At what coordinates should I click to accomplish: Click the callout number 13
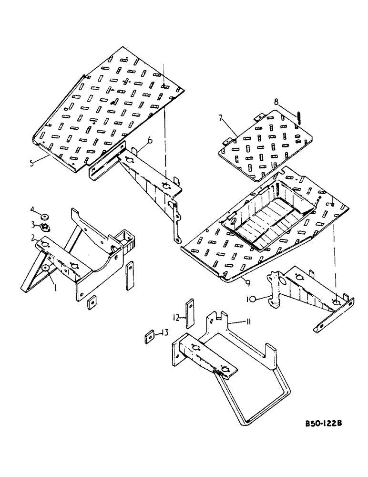[165, 332]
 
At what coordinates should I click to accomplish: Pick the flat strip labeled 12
[190, 313]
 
